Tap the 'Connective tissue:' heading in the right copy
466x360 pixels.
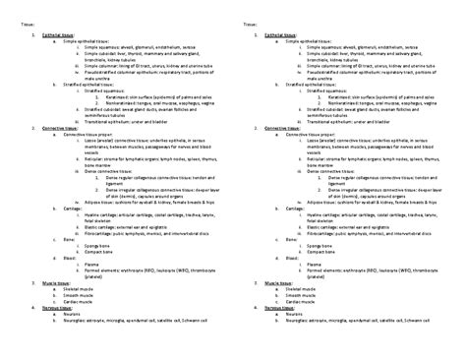click(x=283, y=129)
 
